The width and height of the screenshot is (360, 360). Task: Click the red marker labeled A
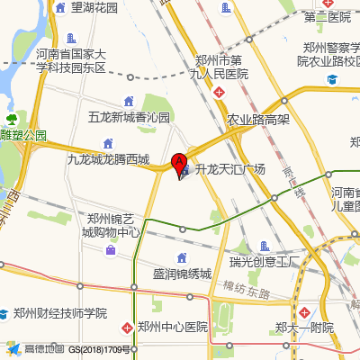click(179, 163)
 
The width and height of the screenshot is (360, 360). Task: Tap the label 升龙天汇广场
click(231, 169)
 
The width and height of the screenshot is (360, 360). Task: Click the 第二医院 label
click(327, 17)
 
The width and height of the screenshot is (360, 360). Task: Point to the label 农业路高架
click(257, 119)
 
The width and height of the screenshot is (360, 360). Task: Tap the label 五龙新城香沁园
click(129, 118)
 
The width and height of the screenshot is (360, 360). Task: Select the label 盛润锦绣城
click(181, 274)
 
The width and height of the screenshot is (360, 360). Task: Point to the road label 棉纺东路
click(247, 289)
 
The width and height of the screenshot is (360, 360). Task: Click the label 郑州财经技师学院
click(59, 313)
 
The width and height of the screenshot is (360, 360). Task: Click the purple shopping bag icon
click(111, 249)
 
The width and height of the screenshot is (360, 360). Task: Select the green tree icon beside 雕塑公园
click(12, 119)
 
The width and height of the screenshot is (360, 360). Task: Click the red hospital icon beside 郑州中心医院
click(128, 327)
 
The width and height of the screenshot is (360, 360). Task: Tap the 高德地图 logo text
click(43, 349)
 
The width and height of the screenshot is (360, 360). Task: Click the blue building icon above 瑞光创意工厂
click(264, 246)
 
